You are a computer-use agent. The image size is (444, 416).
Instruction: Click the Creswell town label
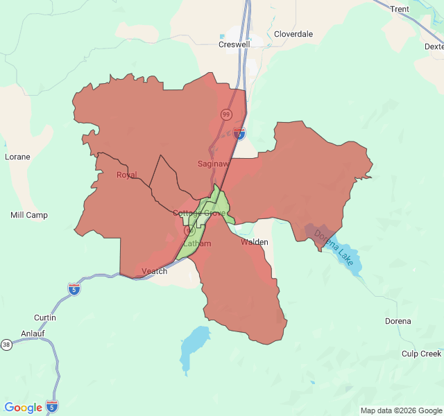[x=234, y=44]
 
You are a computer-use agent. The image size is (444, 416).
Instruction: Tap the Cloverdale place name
[x=293, y=34]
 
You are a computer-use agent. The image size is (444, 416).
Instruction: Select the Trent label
[x=400, y=9]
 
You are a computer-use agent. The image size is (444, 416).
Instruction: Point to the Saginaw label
[x=212, y=164]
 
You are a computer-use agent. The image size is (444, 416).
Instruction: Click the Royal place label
[x=127, y=175]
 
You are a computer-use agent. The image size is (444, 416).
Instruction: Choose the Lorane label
[x=17, y=157]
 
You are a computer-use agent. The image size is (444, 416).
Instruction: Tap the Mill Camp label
[x=29, y=215]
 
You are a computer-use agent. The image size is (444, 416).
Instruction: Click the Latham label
[x=198, y=244]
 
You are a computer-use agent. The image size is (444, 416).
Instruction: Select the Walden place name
[x=255, y=243]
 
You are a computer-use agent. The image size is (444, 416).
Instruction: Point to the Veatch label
[x=154, y=271]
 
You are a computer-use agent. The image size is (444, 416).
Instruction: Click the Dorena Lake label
[x=334, y=246]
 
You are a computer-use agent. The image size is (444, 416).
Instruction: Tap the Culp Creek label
[x=421, y=354]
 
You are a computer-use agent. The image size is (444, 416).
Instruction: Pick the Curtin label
[x=45, y=318]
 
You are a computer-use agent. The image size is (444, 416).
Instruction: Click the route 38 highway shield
[x=6, y=345]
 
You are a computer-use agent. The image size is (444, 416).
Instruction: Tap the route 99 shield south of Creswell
[x=226, y=114]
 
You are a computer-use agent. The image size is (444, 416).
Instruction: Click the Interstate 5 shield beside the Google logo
[x=52, y=406]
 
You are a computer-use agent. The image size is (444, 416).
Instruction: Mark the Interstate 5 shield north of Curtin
[x=74, y=288]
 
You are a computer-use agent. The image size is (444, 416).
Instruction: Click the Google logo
[x=23, y=408]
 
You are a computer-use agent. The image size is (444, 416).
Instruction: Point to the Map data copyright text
[x=401, y=410]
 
